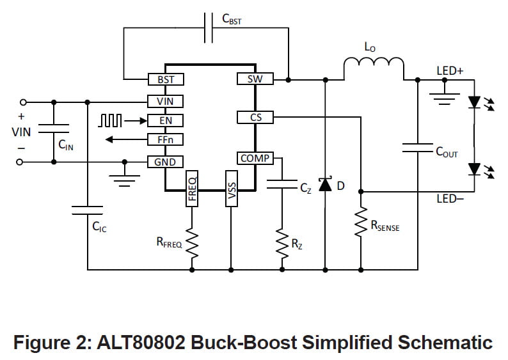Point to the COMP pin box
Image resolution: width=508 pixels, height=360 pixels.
pos(255,158)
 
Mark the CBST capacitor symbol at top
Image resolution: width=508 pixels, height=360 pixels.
pos(209,29)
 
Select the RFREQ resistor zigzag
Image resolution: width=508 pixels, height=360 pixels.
pos(191,242)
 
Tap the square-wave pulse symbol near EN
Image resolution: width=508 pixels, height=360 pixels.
pos(109,120)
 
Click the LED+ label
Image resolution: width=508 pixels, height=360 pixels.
pos(450,71)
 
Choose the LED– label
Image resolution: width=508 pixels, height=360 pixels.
pos(450,200)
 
